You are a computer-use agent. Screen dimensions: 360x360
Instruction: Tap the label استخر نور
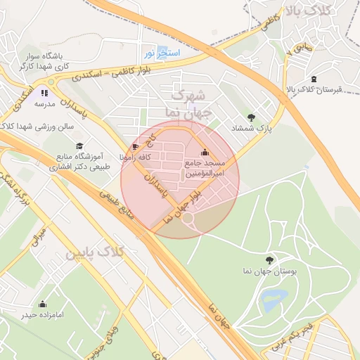(x=162, y=53)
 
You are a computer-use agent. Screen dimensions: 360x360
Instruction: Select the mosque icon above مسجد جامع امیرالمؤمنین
(x=205, y=152)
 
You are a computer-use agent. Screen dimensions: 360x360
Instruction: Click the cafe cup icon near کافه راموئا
(x=136, y=146)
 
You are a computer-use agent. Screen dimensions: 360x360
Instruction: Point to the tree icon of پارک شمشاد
(x=251, y=117)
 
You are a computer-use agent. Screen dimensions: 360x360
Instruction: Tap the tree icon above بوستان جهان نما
(x=269, y=260)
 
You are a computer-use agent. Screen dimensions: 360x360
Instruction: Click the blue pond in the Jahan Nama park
(x=271, y=301)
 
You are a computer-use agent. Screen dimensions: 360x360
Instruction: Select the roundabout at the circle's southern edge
(x=188, y=219)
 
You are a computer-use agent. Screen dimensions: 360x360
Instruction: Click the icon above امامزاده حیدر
(x=42, y=304)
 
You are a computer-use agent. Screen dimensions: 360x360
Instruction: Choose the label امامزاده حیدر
(x=42, y=314)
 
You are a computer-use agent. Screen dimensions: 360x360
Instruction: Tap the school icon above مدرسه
(x=44, y=92)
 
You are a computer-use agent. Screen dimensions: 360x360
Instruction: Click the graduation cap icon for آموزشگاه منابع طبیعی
(x=79, y=146)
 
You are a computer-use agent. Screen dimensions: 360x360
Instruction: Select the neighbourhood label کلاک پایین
(x=95, y=252)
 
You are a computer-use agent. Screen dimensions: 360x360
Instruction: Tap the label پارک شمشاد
(x=251, y=129)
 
